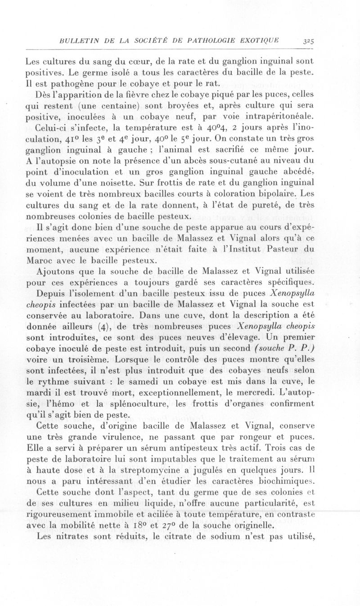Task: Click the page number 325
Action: click(x=308, y=40)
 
